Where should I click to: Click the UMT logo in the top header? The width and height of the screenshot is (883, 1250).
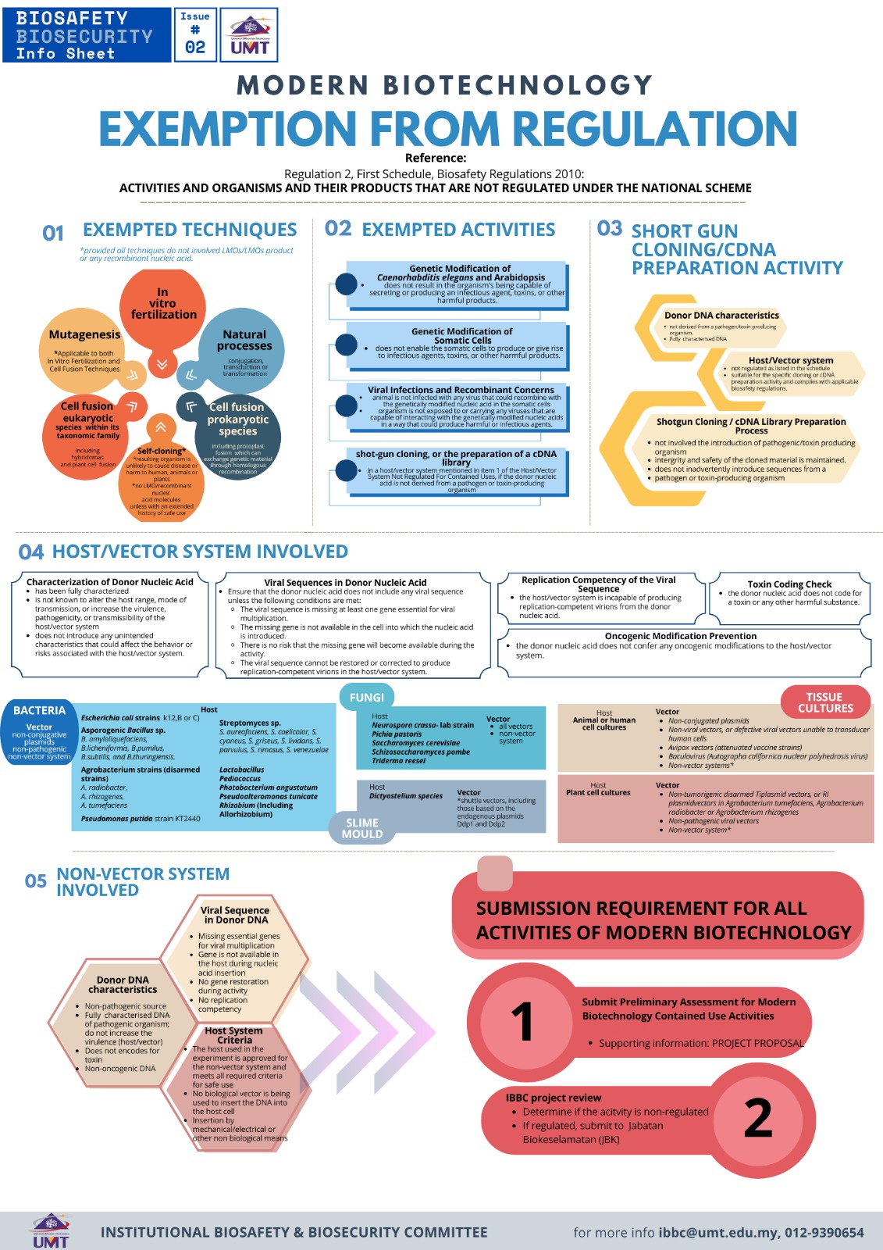point(249,35)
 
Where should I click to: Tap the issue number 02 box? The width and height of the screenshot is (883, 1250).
point(195,35)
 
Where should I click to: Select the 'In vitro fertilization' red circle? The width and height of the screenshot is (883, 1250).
point(163,304)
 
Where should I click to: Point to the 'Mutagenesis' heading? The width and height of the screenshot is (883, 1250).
point(84,334)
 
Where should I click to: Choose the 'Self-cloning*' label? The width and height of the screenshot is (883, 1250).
point(162,451)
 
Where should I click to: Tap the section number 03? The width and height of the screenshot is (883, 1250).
point(609,229)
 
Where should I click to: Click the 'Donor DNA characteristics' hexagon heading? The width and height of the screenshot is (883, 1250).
point(721,315)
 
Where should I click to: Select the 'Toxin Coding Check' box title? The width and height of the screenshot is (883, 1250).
point(789,584)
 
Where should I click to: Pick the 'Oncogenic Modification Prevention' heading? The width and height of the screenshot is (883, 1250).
point(680,636)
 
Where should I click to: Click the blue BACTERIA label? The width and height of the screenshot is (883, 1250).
point(39,710)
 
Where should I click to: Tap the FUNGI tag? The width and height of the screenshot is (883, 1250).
point(366,697)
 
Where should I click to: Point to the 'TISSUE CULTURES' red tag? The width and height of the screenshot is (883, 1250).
point(825,702)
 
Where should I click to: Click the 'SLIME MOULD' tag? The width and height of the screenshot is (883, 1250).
point(361,828)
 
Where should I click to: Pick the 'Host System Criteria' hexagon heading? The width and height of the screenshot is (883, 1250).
point(234,1035)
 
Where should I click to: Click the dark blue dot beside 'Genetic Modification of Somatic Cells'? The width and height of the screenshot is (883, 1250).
point(346,345)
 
